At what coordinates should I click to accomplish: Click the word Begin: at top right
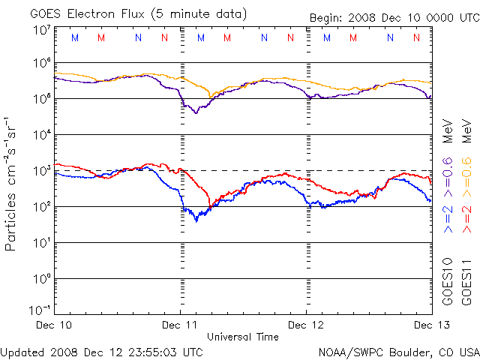click(326, 18)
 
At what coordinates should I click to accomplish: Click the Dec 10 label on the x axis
click(55, 325)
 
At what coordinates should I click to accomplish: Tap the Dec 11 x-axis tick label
click(181, 325)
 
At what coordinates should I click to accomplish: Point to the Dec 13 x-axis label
click(429, 325)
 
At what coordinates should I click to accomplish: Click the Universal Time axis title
click(244, 337)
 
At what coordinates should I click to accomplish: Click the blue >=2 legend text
click(447, 217)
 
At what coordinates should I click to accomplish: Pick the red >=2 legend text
click(466, 217)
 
